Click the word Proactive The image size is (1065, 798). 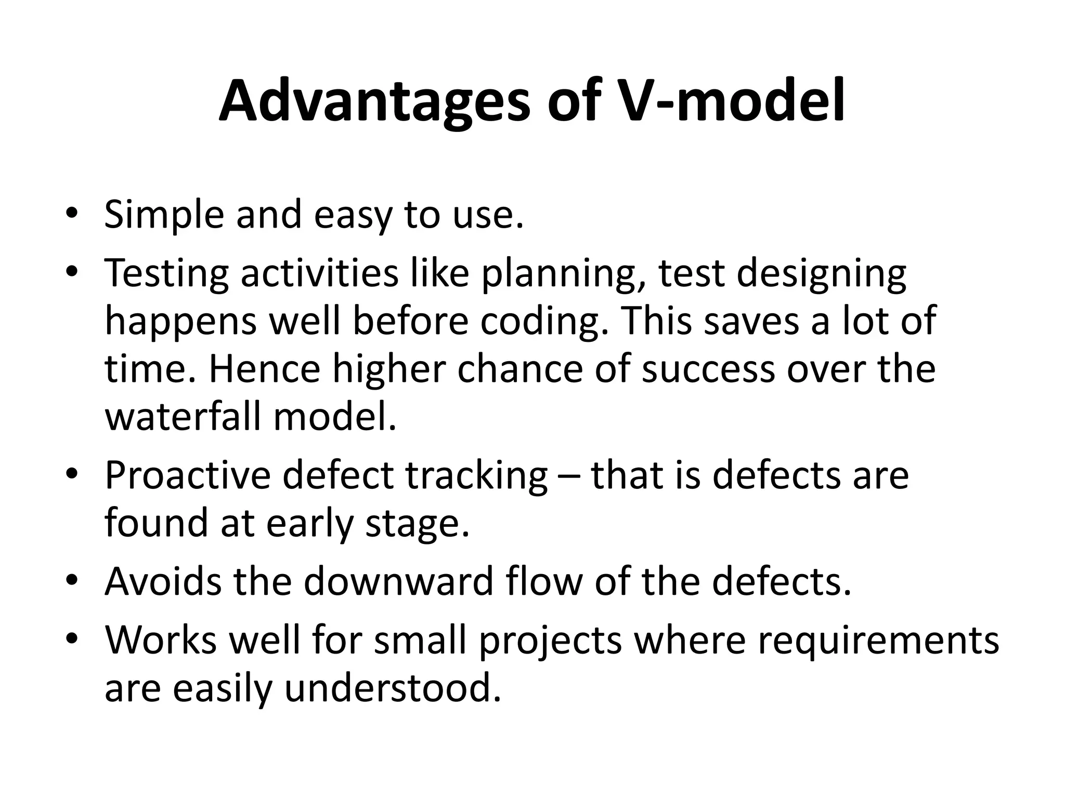click(x=188, y=476)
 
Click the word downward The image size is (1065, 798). click(x=399, y=582)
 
